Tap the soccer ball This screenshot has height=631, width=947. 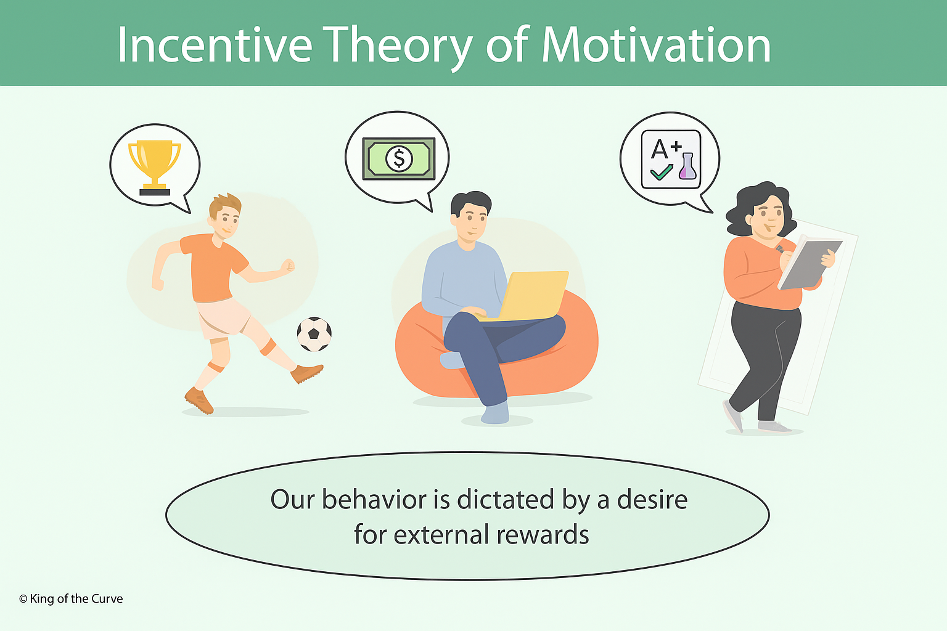314,334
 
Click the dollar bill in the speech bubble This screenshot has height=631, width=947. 399,158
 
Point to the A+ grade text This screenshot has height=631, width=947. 666,148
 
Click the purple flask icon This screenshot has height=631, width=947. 687,167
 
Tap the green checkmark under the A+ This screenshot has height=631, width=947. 662,172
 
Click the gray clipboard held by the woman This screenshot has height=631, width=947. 810,264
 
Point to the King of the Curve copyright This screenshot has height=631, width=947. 71,599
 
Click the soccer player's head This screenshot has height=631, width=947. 225,216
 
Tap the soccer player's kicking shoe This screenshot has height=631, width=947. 306,373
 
